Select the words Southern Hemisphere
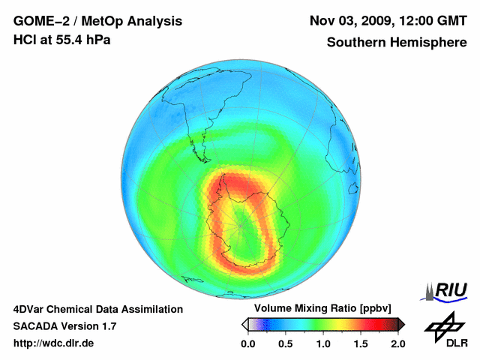coord(396,43)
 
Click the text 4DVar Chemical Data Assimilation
coord(97,309)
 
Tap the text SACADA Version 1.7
coord(64,326)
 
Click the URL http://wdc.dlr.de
coord(54,343)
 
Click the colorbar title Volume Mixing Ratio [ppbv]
coord(323,309)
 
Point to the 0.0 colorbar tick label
coord(247,343)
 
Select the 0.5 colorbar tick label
coord(285,343)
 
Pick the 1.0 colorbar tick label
coord(323,343)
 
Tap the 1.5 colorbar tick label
coord(361,343)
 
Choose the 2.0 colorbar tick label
coord(397,343)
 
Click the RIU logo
coord(447,291)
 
